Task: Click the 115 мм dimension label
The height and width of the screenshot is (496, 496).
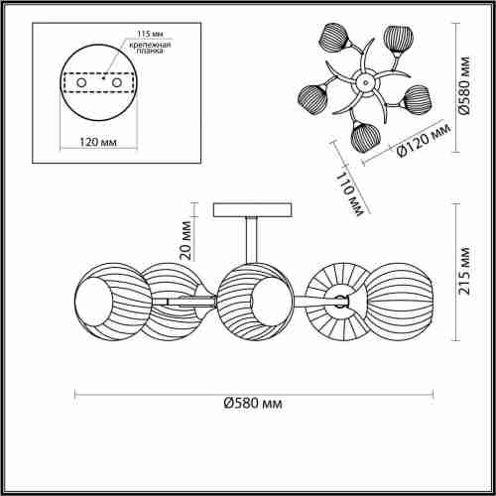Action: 150,34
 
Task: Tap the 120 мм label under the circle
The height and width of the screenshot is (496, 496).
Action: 98,142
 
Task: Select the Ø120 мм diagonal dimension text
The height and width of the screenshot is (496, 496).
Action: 424,141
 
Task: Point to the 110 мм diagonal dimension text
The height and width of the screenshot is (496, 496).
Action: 350,194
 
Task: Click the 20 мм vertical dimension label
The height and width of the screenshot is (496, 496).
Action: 186,240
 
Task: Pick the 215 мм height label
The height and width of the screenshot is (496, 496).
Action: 464,271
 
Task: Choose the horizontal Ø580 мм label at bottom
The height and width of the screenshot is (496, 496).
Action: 253,403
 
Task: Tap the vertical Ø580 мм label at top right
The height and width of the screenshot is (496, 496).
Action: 464,85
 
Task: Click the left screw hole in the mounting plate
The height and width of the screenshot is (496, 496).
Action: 81,82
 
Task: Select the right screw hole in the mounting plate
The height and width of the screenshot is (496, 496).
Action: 117,82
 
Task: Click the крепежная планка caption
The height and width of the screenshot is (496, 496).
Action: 150,48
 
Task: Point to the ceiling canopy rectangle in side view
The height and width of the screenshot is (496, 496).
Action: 253,210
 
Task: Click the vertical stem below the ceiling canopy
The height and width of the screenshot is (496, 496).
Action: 252,240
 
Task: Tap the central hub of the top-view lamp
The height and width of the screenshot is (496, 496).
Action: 365,82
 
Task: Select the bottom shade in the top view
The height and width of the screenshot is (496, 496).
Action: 364,137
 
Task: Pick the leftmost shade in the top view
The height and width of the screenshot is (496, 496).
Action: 313,99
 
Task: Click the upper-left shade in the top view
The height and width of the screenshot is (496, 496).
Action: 334,38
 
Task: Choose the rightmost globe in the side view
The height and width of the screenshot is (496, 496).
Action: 399,302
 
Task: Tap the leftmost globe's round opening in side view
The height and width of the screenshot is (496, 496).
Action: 93,302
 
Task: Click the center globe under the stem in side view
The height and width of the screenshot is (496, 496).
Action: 255,302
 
